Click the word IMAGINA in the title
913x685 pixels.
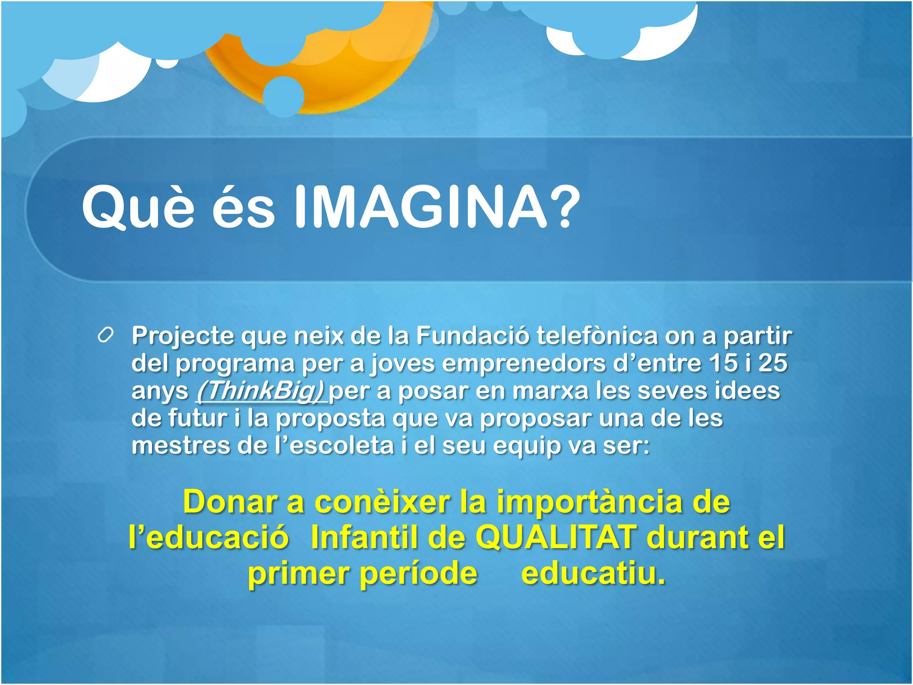(x=420, y=207)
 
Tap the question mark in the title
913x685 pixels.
(x=564, y=207)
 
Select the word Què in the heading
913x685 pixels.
(x=138, y=208)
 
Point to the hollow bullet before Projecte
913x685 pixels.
(x=106, y=335)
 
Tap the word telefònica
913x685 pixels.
(x=597, y=335)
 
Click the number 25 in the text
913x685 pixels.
(x=773, y=363)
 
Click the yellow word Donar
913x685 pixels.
(x=231, y=502)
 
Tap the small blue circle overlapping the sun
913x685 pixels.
(x=283, y=96)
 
